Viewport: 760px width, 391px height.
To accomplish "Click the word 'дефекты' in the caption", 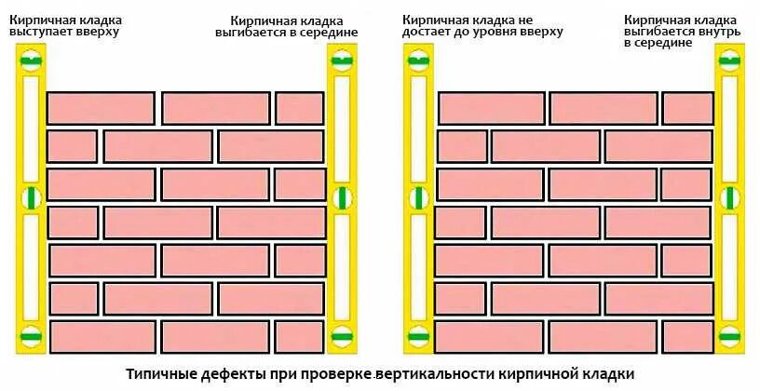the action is point(226,374).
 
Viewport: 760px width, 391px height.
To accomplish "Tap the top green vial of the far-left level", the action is point(31,62).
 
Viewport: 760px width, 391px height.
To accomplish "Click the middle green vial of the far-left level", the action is point(31,197).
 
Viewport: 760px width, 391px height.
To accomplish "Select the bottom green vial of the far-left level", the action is point(31,335).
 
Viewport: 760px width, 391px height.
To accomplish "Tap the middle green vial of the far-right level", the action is point(729,197).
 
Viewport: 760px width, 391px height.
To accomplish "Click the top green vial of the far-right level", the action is point(729,62).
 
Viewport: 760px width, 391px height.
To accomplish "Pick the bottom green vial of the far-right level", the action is point(729,335).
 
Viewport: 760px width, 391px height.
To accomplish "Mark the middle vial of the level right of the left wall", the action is point(341,197).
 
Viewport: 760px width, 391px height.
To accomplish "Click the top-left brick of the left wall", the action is point(101,108).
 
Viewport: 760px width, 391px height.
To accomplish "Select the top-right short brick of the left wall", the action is point(299,108).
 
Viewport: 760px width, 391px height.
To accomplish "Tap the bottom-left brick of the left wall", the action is point(102,336).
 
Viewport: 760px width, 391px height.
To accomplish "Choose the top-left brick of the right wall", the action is point(491,108).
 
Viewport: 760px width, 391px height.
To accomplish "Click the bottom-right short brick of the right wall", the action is point(687,336).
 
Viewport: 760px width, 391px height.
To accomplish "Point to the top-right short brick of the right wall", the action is point(687,108).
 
